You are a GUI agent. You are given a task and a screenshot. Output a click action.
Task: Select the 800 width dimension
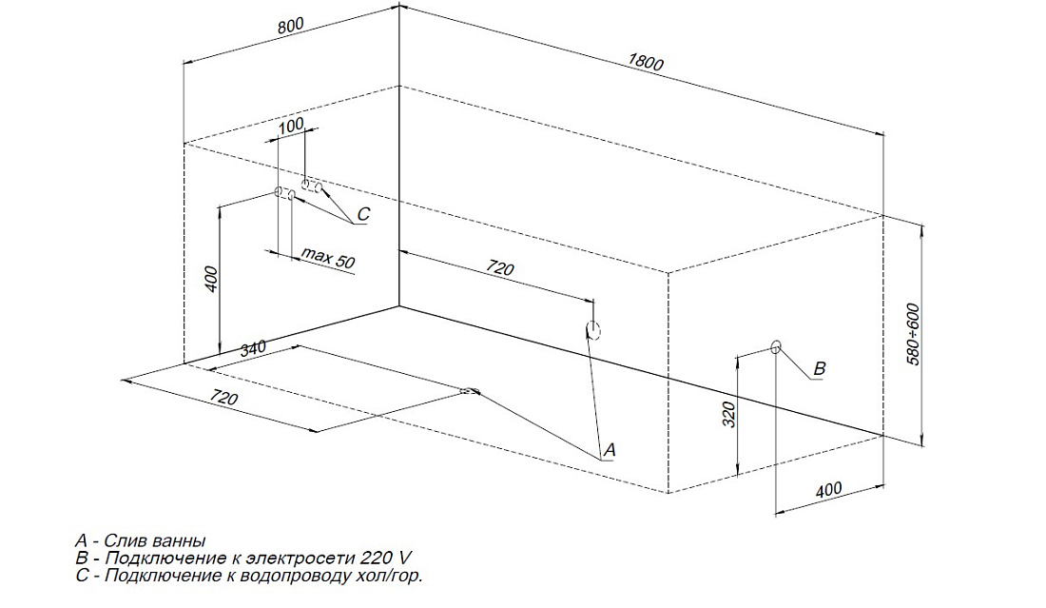point(292,27)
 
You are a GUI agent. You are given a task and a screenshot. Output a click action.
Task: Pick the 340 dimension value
point(252,349)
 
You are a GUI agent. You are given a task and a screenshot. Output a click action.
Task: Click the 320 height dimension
point(729,415)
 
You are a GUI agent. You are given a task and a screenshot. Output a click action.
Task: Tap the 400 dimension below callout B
point(828,490)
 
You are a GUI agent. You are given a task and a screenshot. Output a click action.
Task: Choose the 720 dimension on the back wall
point(500,269)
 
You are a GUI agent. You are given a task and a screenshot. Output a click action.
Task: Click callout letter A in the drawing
point(610,448)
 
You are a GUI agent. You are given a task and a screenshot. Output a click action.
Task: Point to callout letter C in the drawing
point(362,214)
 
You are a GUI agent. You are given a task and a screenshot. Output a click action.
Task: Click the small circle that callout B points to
point(776,346)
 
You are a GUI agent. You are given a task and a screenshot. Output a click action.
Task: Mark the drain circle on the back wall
point(592,330)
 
